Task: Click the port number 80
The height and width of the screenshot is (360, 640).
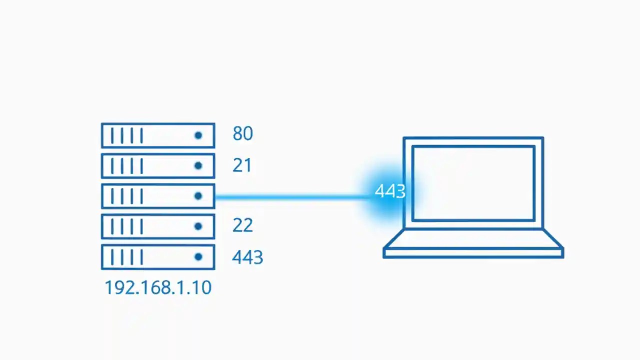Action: point(242,133)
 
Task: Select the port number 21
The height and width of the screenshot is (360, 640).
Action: point(242,165)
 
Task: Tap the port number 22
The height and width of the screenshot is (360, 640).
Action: point(242,225)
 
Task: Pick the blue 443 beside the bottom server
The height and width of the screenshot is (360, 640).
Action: point(247,257)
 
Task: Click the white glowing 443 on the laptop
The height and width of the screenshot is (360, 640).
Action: point(390,191)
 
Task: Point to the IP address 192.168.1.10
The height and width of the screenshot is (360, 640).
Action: point(158,287)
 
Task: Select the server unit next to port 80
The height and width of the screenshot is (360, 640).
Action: point(158,135)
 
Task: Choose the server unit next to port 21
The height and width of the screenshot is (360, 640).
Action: point(158,166)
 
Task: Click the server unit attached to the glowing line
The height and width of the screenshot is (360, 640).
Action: point(158,196)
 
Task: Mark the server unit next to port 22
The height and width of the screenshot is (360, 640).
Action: point(158,226)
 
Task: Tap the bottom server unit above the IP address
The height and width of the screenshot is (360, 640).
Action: point(158,257)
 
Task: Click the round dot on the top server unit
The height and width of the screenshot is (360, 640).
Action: point(198,135)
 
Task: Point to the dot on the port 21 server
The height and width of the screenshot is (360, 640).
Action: point(198,166)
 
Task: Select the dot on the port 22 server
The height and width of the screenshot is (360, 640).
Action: point(198,226)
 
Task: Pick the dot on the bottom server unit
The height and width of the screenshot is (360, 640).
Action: point(198,257)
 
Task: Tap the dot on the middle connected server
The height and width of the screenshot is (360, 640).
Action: point(198,196)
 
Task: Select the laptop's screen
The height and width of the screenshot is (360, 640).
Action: point(473,183)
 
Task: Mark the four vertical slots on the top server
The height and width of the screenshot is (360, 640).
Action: point(127,135)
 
